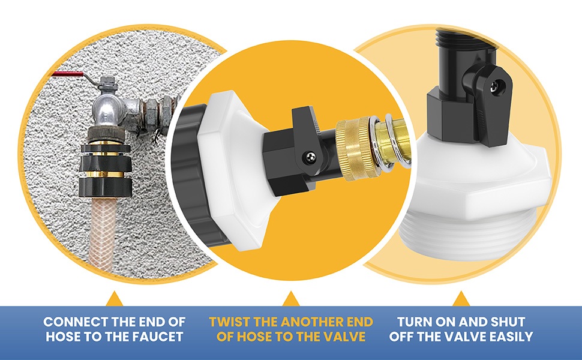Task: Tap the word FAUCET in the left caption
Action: point(154,337)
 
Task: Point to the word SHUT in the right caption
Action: point(506,322)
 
